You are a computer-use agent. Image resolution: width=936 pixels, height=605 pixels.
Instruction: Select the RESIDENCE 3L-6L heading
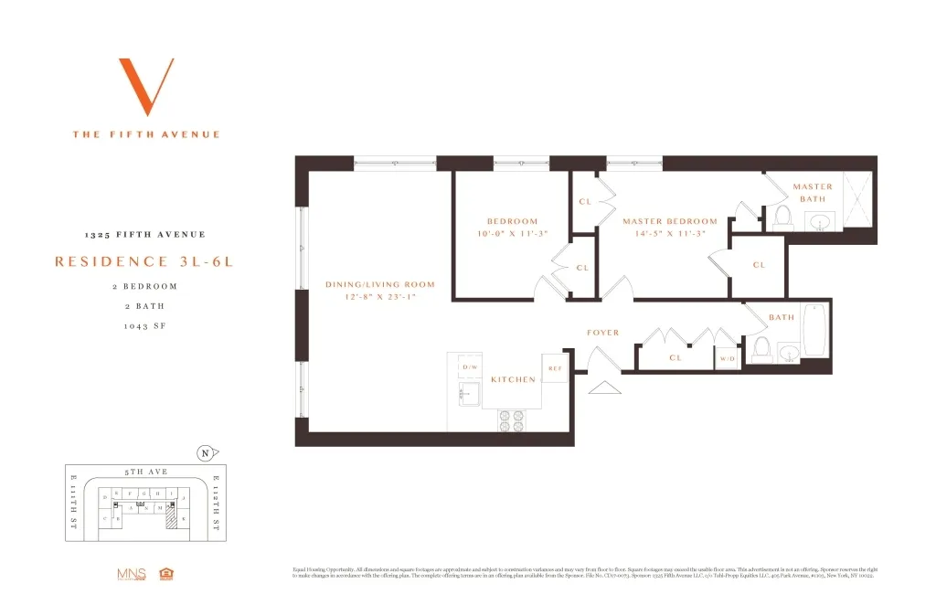pos(144,261)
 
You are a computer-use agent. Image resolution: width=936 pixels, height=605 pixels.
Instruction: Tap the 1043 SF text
pos(144,325)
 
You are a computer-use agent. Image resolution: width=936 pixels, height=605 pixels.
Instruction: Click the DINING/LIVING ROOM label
pos(380,284)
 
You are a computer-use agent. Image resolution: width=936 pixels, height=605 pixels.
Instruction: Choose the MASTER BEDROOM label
pos(670,221)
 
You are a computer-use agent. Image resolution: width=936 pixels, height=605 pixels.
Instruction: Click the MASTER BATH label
pos(813,193)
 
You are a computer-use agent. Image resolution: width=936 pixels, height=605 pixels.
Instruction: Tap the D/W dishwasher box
pos(471,367)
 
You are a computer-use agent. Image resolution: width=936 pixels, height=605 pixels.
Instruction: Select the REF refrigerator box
pos(555,368)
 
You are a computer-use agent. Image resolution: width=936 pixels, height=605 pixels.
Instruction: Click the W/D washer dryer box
pos(728,359)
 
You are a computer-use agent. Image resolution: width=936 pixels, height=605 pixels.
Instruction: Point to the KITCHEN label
pos(512,379)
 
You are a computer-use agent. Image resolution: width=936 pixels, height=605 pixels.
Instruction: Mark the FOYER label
pos(602,333)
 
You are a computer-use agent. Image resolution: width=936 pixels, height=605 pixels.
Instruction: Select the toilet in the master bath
pos(782,216)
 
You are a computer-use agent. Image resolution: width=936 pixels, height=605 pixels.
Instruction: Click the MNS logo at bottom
pos(132,574)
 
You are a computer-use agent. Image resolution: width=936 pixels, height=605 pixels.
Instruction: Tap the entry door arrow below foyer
pos(602,387)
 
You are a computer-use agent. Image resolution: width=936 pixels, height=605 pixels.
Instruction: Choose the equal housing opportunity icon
pos(166,574)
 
